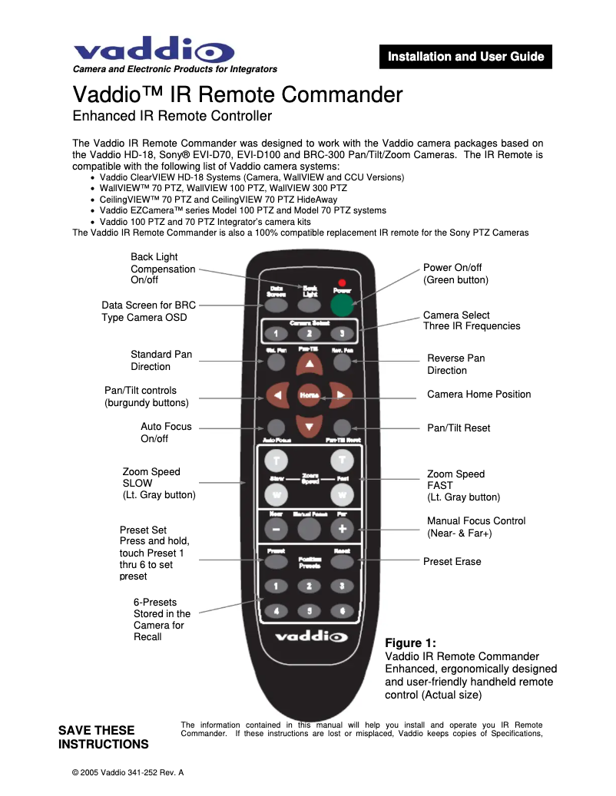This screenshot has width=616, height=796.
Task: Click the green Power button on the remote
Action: [343, 306]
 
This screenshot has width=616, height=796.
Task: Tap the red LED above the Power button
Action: [342, 282]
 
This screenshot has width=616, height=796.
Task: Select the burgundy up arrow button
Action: [309, 364]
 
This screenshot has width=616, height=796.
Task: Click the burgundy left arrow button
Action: [277, 395]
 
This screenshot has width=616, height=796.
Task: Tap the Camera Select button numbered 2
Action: [309, 333]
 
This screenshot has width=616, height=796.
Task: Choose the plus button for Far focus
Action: [343, 529]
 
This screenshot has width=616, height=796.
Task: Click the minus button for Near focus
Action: [276, 529]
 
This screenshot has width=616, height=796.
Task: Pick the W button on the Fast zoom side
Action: [343, 494]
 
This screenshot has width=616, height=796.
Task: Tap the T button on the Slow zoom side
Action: [276, 461]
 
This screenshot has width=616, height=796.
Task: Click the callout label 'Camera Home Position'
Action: [479, 395]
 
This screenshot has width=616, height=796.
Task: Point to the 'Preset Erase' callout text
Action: [452, 562]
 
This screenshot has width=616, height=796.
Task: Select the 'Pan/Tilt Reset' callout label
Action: [458, 428]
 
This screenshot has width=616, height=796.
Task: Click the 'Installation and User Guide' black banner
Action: [465, 57]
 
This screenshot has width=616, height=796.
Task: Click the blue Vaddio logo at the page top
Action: [154, 50]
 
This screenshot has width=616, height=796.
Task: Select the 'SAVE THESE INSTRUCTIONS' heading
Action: [104, 737]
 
